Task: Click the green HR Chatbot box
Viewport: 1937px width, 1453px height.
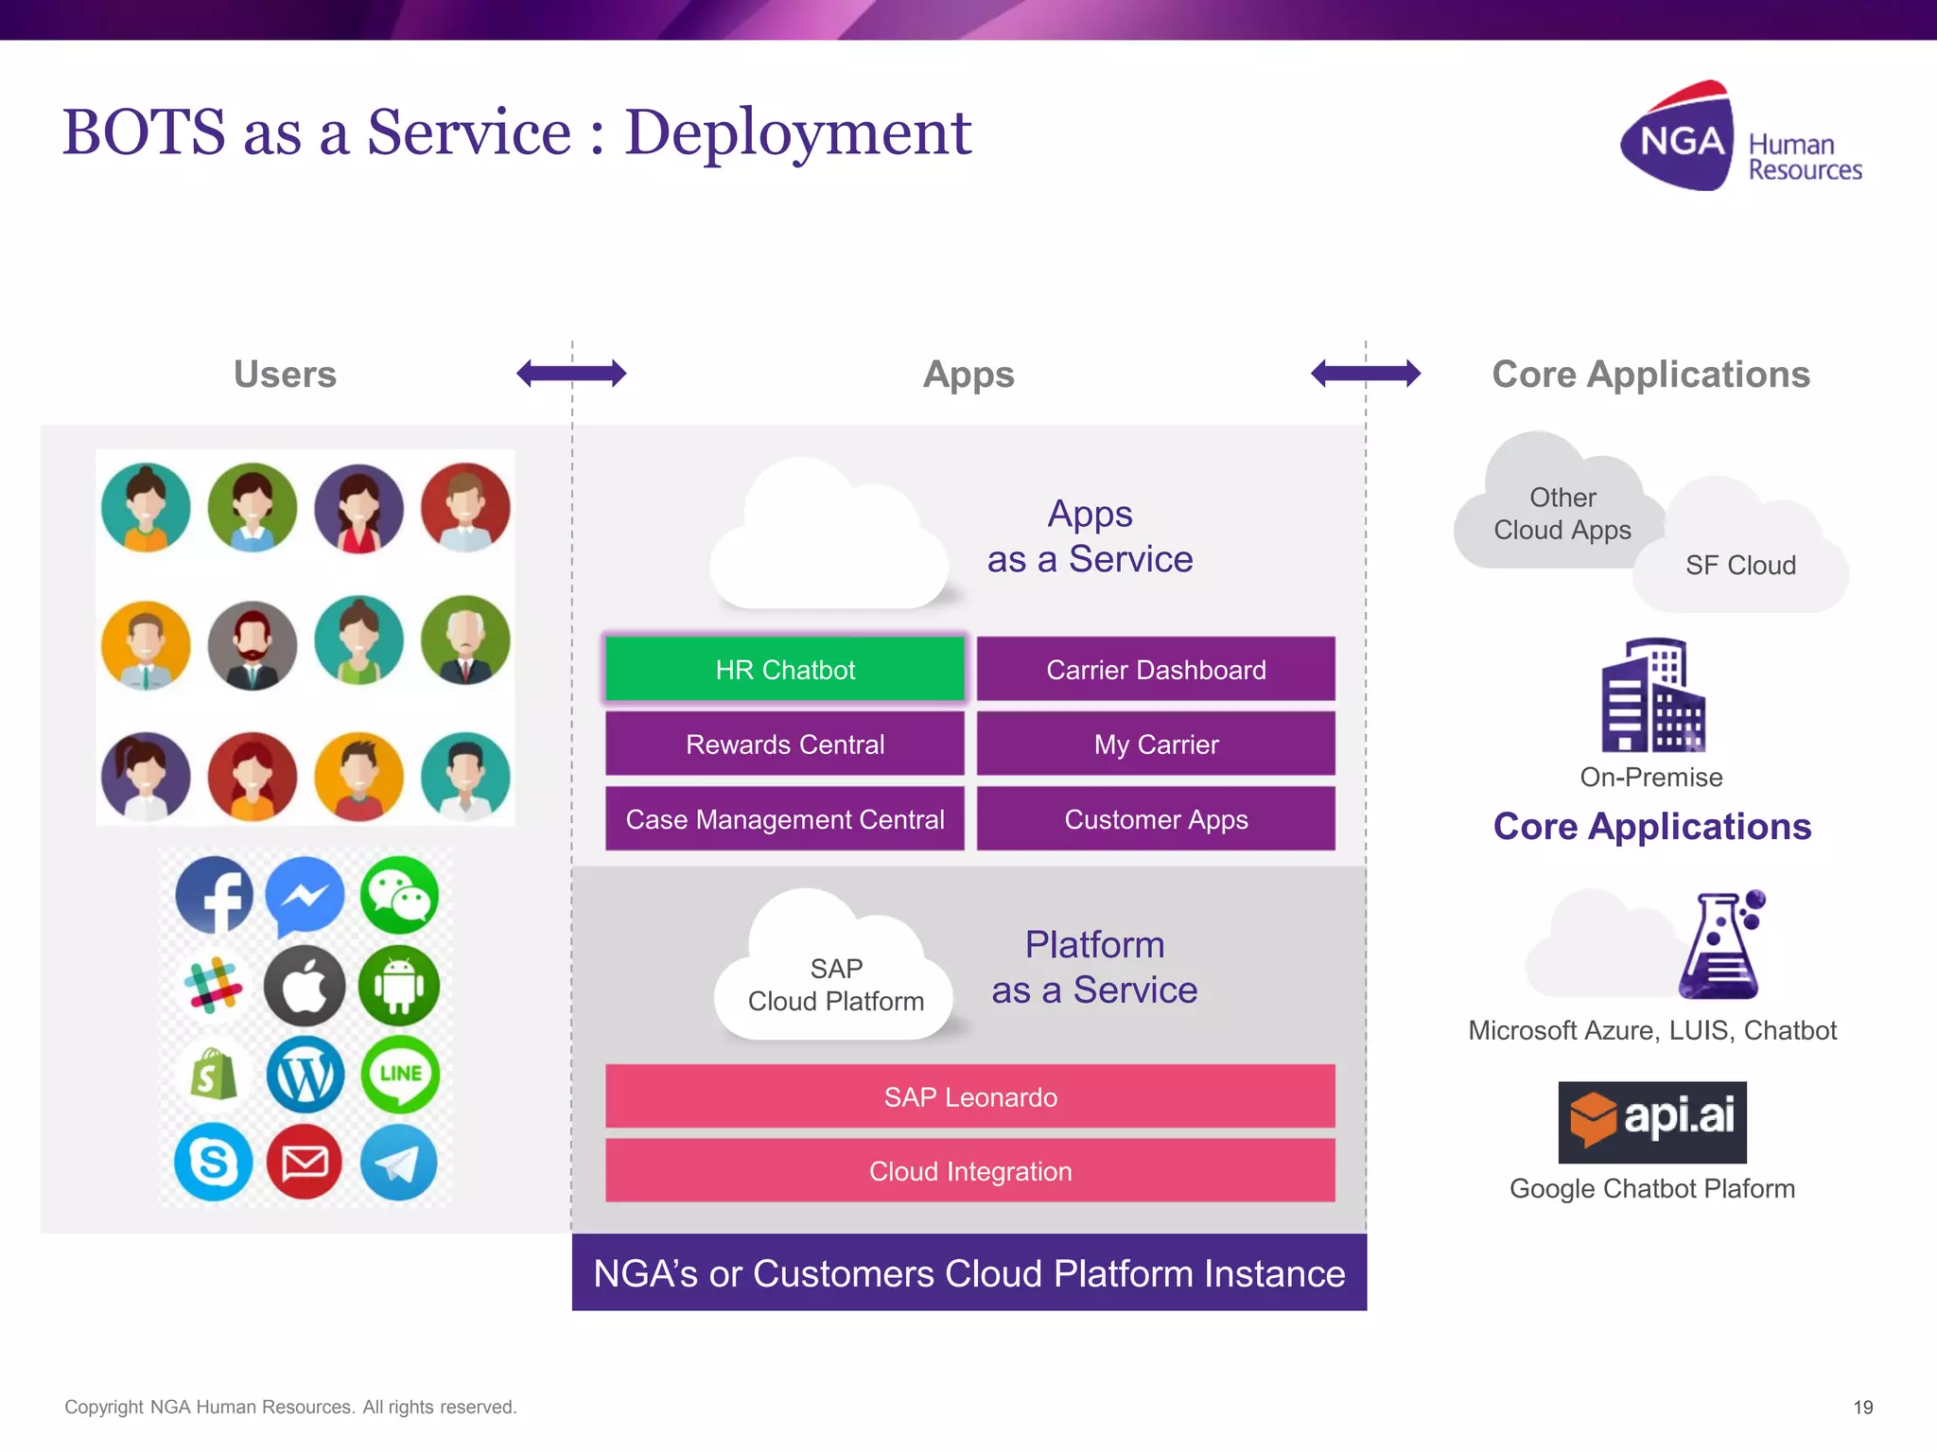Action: [x=784, y=669]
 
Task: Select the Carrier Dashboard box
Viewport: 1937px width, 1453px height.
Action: [x=1155, y=669]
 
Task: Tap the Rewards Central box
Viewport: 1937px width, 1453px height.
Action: [x=784, y=744]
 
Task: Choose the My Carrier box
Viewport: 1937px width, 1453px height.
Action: [x=1155, y=744]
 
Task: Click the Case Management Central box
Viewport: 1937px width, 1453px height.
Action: [x=784, y=818]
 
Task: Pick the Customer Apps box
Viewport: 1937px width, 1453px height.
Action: [x=1155, y=818]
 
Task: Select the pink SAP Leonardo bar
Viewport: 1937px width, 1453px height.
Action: [x=969, y=1096]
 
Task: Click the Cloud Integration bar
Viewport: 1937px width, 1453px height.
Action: [x=969, y=1170]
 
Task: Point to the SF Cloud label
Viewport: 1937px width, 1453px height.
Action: [x=1740, y=565]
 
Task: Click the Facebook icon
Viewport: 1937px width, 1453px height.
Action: [x=215, y=895]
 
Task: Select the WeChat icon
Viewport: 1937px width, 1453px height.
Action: [x=400, y=895]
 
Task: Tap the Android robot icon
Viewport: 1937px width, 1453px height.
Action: [x=399, y=986]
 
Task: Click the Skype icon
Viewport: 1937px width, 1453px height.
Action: [x=214, y=1162]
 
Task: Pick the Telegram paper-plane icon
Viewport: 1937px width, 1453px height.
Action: [x=399, y=1162]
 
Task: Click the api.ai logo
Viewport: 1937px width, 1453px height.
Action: [x=1651, y=1122]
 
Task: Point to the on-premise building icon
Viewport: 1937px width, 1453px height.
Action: [x=1651, y=695]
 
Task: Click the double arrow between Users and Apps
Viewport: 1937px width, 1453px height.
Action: [x=571, y=374]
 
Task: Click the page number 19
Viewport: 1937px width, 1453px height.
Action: [x=1862, y=1407]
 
